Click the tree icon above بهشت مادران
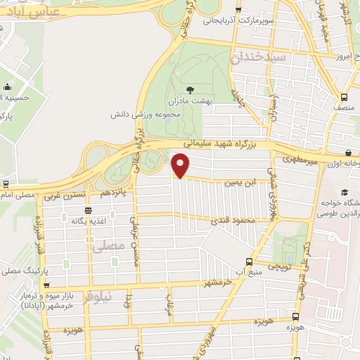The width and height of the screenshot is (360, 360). click(x=191, y=89)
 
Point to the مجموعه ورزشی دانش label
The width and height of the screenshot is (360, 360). click(x=139, y=113)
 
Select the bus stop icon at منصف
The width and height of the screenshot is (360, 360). click(x=343, y=98)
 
